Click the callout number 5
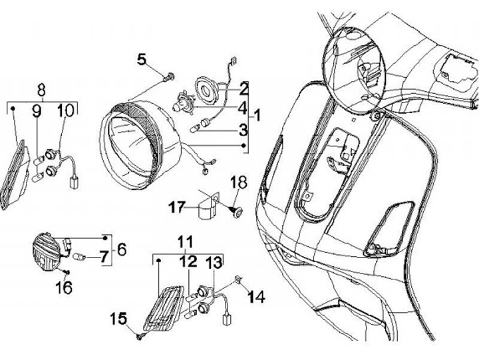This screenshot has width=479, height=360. click(x=142, y=60)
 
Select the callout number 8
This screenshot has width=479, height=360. click(x=41, y=89)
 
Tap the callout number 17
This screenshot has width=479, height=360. click(x=176, y=208)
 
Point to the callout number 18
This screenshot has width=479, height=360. click(x=238, y=182)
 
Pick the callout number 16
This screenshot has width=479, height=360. click(x=65, y=287)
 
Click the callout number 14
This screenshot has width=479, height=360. click(x=256, y=297)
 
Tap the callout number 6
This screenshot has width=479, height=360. click(x=120, y=249)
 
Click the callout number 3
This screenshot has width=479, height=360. click(x=243, y=128)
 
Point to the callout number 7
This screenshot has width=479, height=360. click(x=103, y=256)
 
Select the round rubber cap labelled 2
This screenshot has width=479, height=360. click(x=208, y=89)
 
